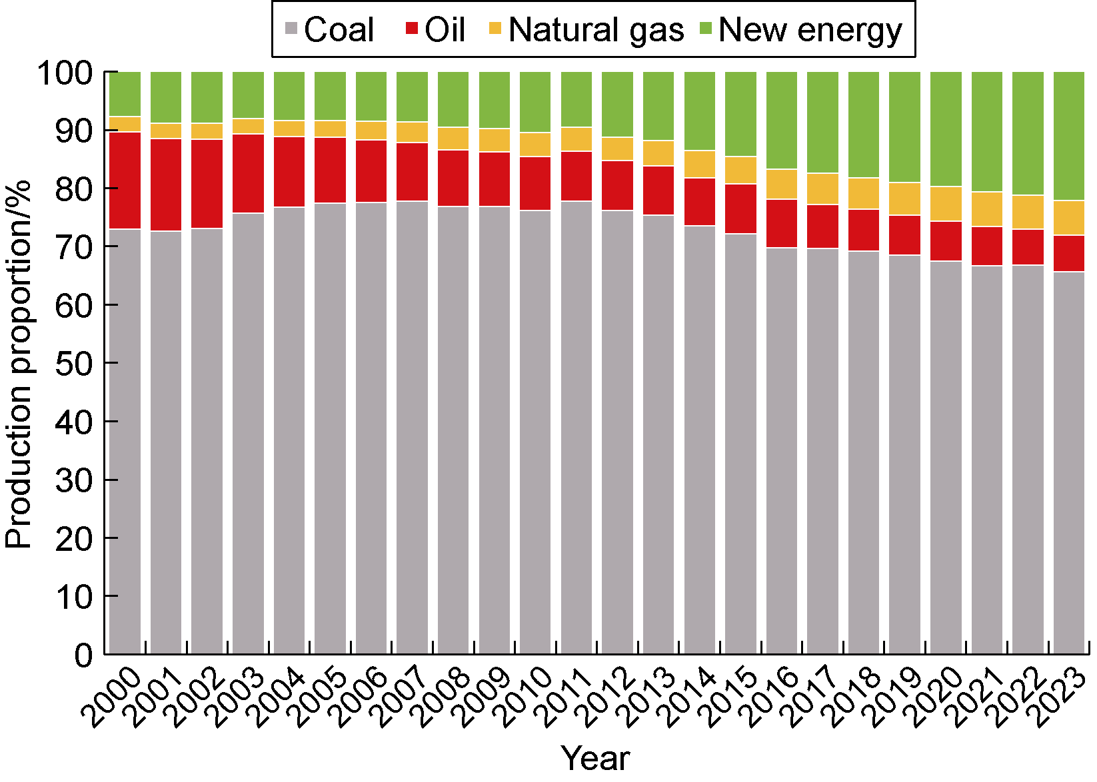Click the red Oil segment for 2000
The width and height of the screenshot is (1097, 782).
point(125,181)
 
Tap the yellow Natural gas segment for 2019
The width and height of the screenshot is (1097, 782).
point(905,198)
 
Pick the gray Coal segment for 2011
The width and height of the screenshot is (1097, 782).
point(576,426)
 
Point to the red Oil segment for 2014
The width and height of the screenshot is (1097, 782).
point(700,202)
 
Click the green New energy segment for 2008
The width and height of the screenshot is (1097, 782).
point(453,99)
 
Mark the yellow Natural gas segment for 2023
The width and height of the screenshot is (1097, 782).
point(1069,218)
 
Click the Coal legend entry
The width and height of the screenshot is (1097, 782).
point(330,30)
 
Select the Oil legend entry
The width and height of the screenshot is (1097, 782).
point(435,30)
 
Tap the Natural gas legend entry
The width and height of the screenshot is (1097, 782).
point(586,30)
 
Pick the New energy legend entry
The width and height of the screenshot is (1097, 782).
point(800,30)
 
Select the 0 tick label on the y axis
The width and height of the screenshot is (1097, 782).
point(85,655)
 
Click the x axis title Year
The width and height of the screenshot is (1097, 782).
point(595,759)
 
